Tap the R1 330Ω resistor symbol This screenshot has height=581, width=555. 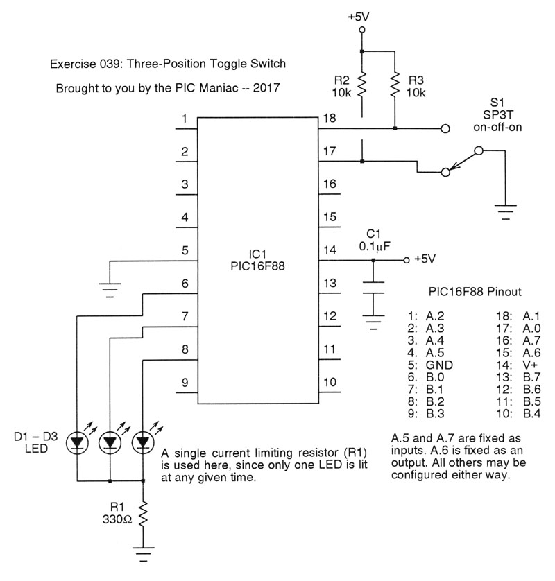click(x=143, y=514)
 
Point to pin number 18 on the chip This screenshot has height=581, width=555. click(x=330, y=119)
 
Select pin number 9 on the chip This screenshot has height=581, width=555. click(x=185, y=382)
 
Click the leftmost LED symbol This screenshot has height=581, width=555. click(x=77, y=442)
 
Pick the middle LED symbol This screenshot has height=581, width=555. click(x=110, y=442)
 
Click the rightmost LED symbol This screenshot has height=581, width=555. click(x=143, y=442)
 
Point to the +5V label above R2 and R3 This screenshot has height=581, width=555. click(x=361, y=15)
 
